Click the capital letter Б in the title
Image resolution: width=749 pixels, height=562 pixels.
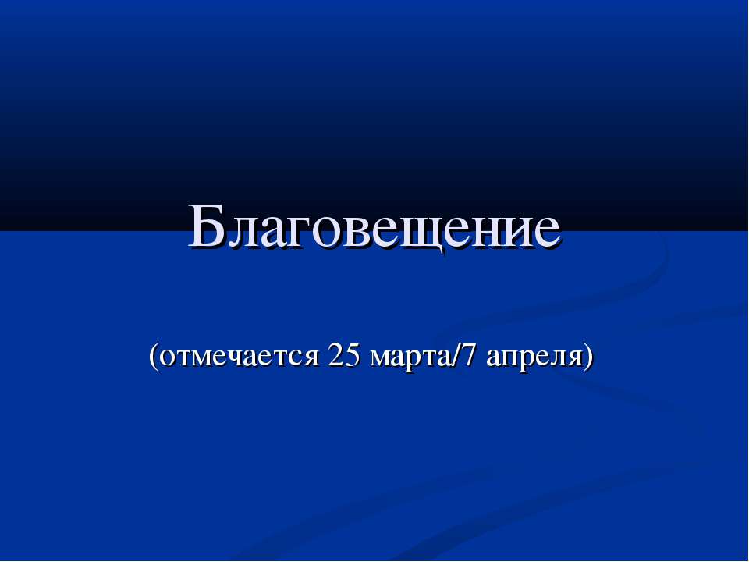pos(205,226)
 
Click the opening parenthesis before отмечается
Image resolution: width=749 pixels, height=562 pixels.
pos(154,357)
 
